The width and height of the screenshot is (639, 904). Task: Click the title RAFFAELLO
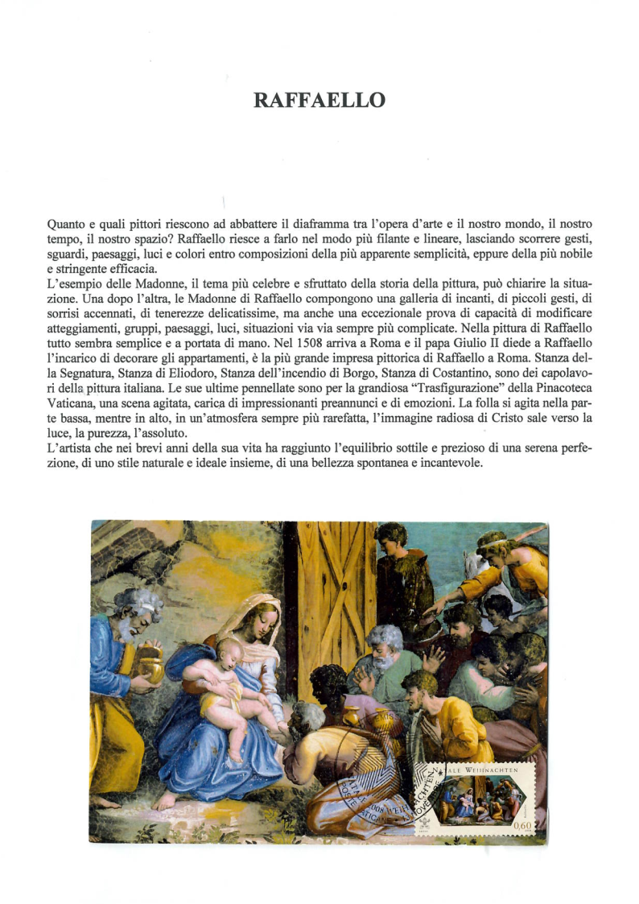[x=319, y=101]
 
